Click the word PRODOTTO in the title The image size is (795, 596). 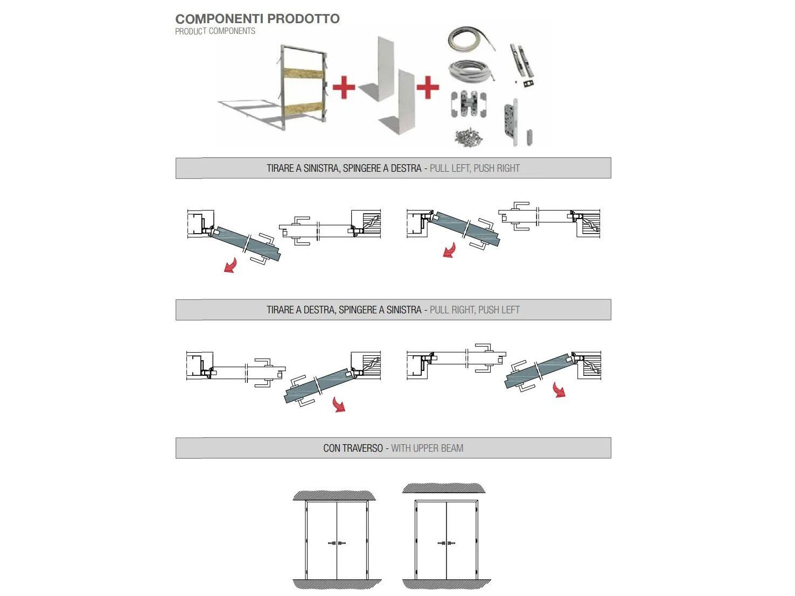coord(303,19)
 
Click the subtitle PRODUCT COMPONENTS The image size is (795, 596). coord(215,31)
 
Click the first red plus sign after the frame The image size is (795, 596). coord(344,88)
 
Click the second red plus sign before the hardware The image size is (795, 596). coord(428,87)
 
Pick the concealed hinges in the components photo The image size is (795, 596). coord(468,103)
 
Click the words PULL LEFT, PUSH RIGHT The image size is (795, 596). coord(475,169)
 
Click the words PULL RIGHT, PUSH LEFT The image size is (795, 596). coord(475,310)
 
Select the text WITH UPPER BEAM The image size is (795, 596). coord(427,448)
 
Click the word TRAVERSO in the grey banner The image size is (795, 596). coord(362,448)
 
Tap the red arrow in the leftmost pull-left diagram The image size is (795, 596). coord(231,265)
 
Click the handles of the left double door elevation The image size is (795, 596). coord(337,543)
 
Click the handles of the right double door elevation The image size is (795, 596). coord(446,543)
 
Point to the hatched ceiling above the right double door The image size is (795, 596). coord(444,488)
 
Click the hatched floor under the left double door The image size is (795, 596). coord(337,584)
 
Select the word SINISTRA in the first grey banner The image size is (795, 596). coord(321,169)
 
